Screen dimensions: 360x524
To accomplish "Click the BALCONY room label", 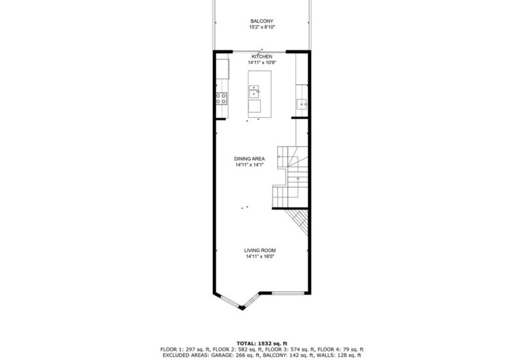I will tap(261, 21).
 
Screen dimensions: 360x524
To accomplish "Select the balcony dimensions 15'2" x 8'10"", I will tap(261, 27).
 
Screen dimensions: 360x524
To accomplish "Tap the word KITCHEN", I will tap(261, 57).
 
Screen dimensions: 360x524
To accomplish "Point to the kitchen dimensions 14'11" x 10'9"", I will tap(261, 63).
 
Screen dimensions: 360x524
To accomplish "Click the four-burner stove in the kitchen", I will tap(221, 99).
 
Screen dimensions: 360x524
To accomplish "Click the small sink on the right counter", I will tap(303, 103).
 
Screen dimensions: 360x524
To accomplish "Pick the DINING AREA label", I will tap(250, 159).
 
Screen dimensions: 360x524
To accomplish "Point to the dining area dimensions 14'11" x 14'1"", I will tap(250, 165).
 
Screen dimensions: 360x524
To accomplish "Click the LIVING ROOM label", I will tap(259, 251).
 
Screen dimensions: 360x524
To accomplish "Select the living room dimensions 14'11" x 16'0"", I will tap(259, 257).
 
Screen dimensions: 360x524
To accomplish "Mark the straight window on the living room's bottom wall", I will tap(289, 292).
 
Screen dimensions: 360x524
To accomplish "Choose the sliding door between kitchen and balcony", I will tap(261, 50).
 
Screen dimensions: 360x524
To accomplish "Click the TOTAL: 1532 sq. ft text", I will tap(261, 343).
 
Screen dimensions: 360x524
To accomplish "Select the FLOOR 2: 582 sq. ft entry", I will tap(231, 349).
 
